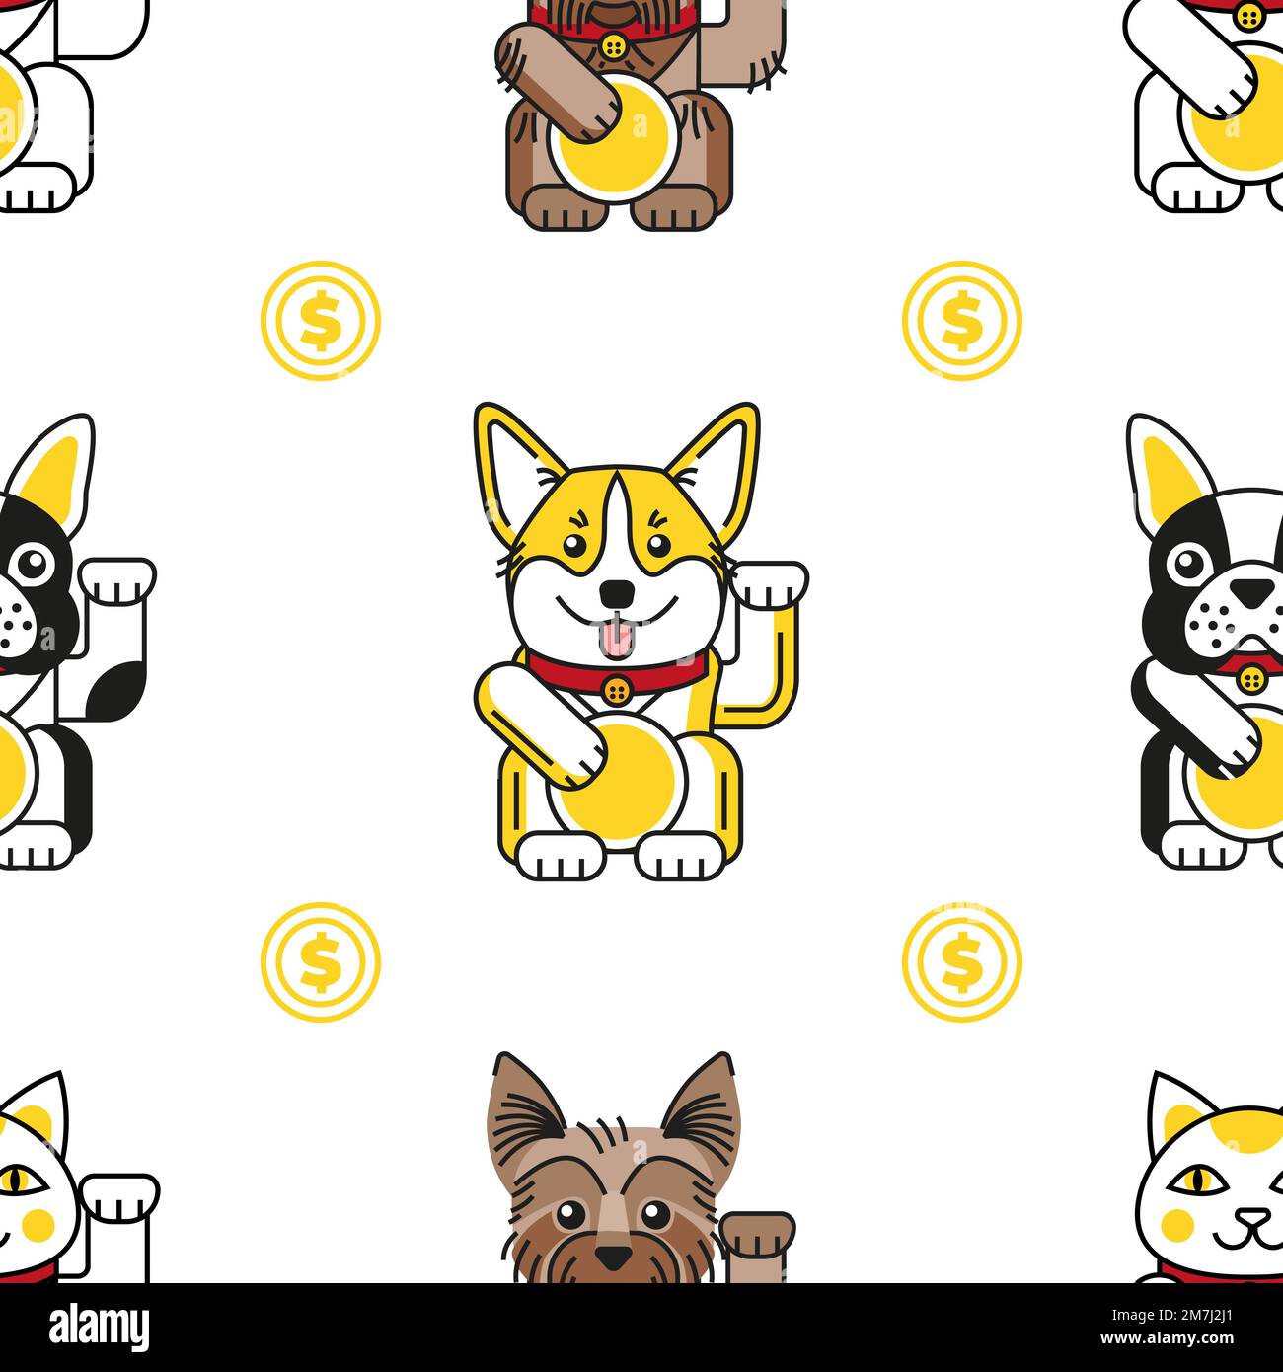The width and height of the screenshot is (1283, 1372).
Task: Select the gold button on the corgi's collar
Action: pyautogui.click(x=618, y=687)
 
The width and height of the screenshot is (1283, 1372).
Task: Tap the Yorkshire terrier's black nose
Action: pyautogui.click(x=613, y=1258)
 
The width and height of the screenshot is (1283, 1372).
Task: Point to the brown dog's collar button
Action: pyautogui.click(x=614, y=45)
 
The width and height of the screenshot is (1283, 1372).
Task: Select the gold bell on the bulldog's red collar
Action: pyautogui.click(x=1250, y=677)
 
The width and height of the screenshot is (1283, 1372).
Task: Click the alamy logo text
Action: pyautogui.click(x=79, y=1326)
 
